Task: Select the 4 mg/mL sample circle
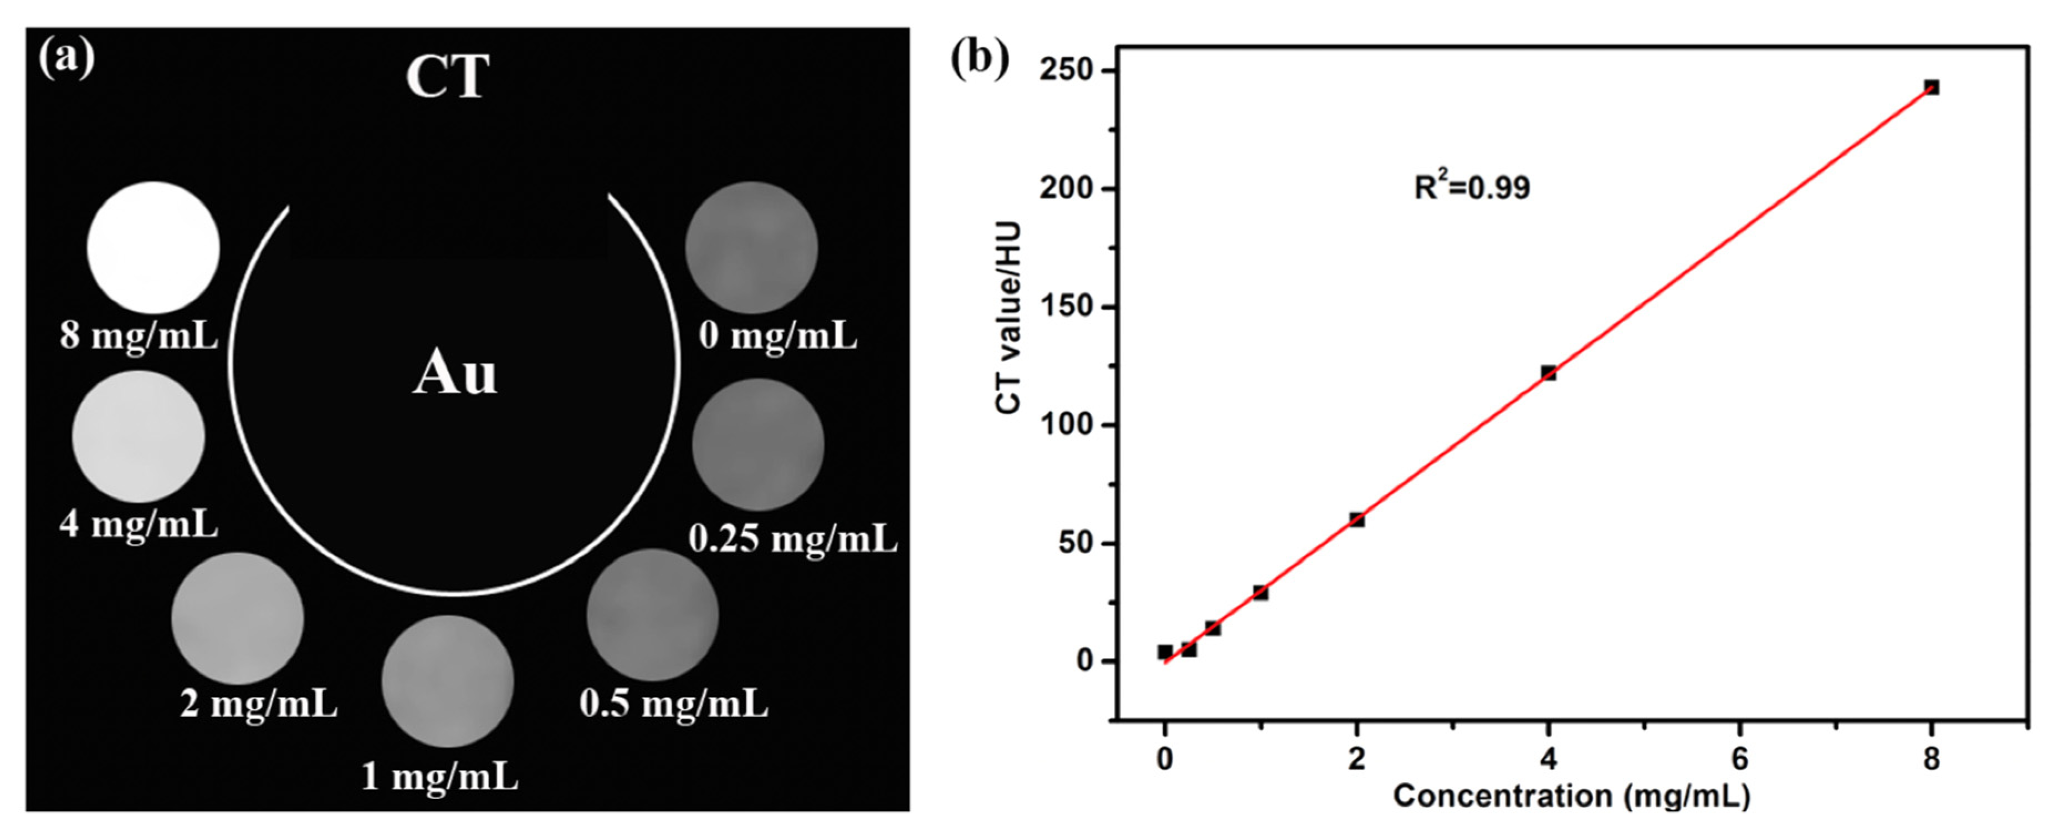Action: click(x=138, y=436)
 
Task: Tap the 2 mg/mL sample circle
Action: click(x=238, y=617)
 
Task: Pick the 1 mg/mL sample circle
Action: click(x=447, y=681)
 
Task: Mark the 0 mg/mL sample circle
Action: click(x=751, y=247)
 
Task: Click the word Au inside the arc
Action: click(x=454, y=373)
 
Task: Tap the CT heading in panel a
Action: click(x=447, y=77)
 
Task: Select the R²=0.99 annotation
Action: click(x=1472, y=187)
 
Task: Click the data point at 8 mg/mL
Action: click(x=1931, y=87)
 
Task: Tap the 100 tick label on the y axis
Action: click(x=1067, y=425)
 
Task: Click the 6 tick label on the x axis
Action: click(x=1740, y=759)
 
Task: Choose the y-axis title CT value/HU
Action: click(x=1009, y=318)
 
